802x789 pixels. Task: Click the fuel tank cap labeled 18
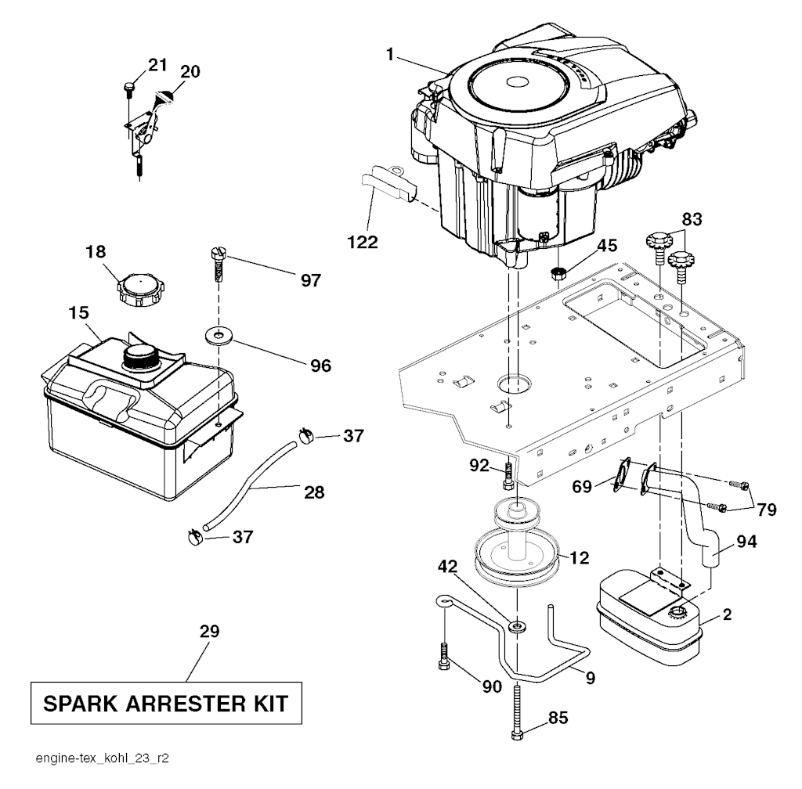[x=137, y=290]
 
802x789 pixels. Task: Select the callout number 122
[x=363, y=242]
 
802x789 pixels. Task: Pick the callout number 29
[x=209, y=632]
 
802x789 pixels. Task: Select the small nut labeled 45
[x=558, y=273]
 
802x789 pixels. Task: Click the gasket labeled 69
[x=621, y=474]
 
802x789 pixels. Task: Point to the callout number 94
[x=746, y=541]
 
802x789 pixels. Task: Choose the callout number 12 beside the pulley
[x=579, y=557]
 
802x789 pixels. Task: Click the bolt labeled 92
[x=508, y=476]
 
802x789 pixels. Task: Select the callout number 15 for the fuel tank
[x=78, y=313]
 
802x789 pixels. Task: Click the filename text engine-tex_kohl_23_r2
[x=103, y=758]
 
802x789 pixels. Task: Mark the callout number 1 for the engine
[x=390, y=54]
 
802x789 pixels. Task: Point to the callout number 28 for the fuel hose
[x=314, y=492]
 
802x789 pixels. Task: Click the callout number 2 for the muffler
[x=728, y=614]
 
